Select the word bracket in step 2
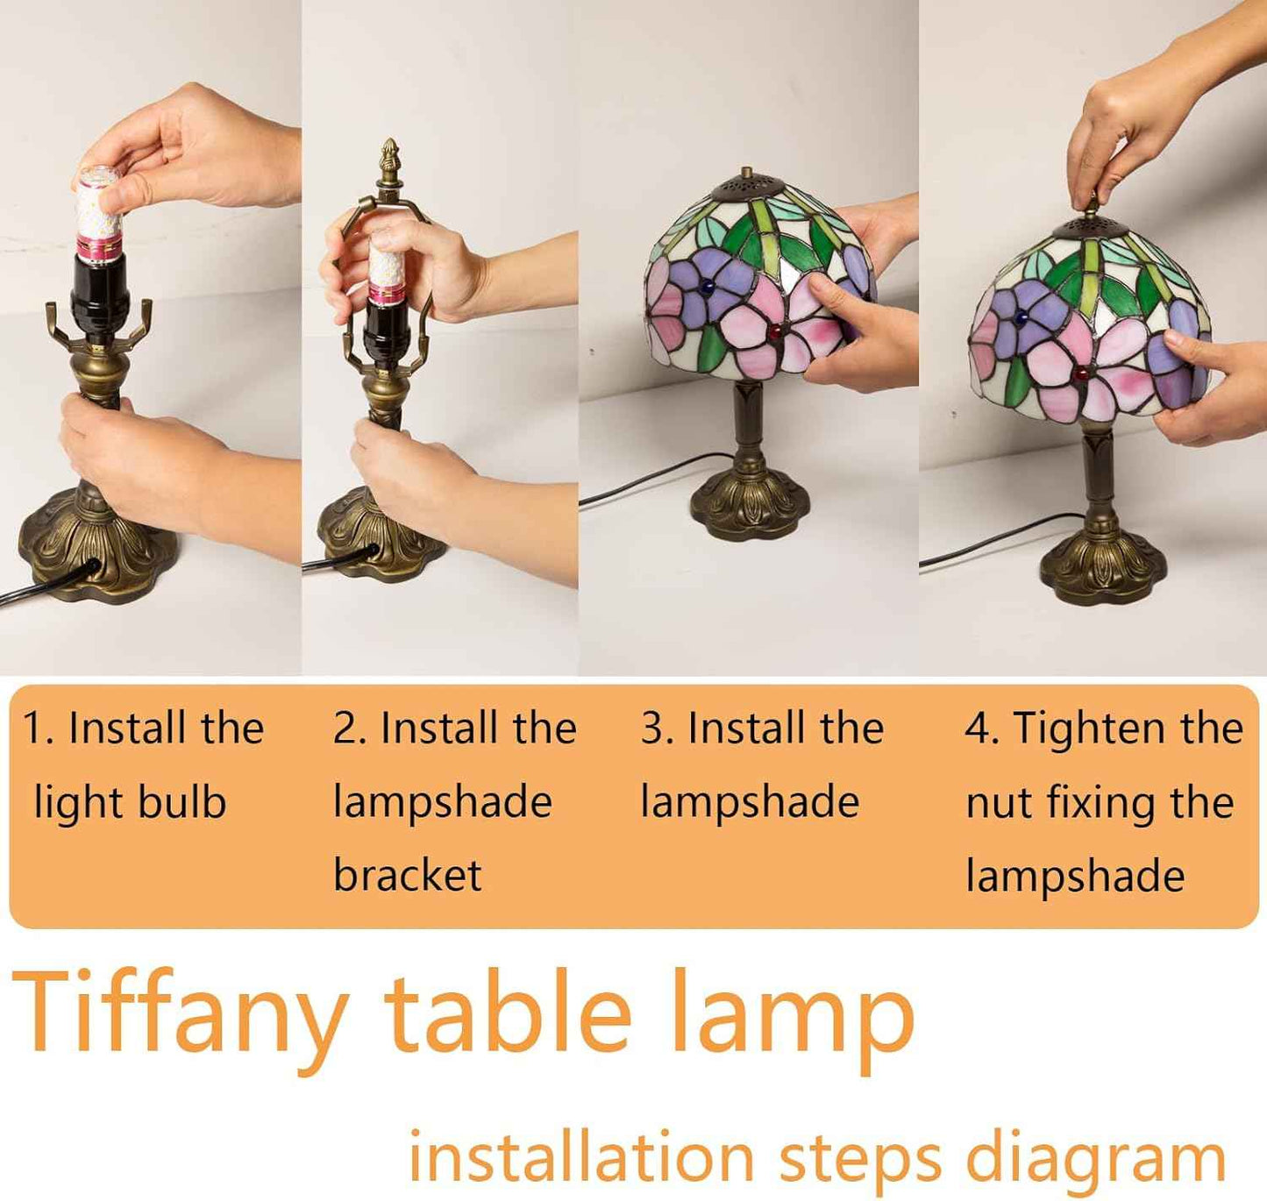tap(408, 874)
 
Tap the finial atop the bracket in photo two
tap(390, 161)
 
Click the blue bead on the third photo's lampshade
tap(708, 289)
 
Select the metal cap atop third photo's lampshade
tap(748, 182)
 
